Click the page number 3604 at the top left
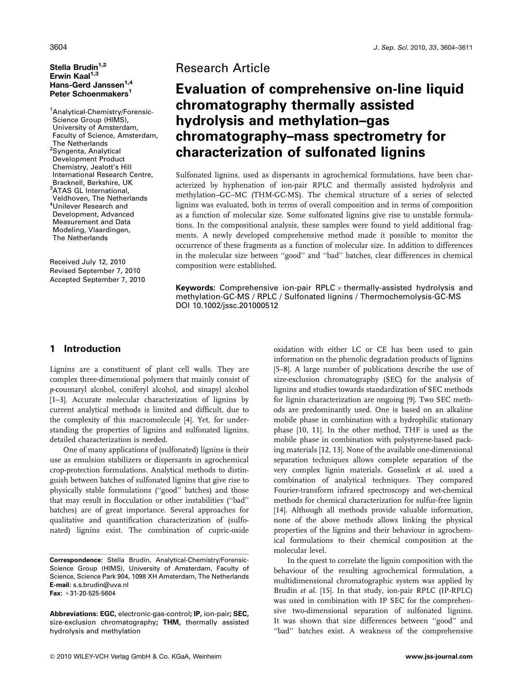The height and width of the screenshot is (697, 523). (x=59, y=47)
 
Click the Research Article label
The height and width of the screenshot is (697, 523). (x=223, y=68)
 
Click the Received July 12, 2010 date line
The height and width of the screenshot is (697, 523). (x=87, y=262)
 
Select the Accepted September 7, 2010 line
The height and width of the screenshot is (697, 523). (x=97, y=279)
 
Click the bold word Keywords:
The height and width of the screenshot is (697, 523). (x=196, y=288)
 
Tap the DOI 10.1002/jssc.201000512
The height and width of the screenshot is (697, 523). (x=227, y=306)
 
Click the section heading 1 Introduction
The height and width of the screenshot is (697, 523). (x=85, y=348)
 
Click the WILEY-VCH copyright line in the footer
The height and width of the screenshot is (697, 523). (x=135, y=656)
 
